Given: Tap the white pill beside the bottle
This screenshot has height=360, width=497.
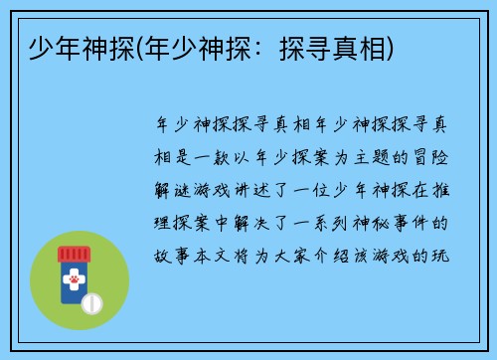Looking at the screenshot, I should tap(91, 301).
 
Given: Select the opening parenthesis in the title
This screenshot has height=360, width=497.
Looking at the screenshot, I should tap(142, 47).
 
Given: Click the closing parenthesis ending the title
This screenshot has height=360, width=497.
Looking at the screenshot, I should tap(394, 47).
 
